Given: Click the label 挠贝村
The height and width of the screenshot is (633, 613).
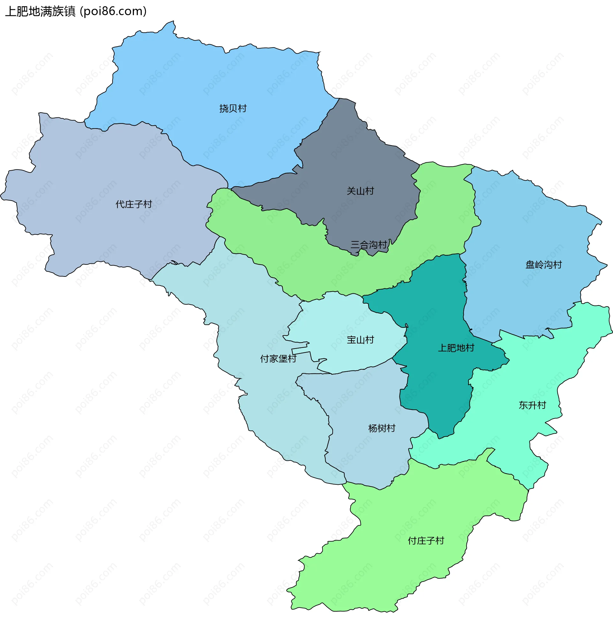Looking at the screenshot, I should coord(233,108).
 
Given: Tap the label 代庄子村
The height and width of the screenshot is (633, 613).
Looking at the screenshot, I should coord(133,204).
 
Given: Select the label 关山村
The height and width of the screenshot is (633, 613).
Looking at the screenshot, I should coord(360,191).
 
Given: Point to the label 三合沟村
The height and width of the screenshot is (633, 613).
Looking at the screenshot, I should coord(368,245).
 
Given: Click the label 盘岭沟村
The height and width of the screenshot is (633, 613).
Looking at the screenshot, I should coord(543,265).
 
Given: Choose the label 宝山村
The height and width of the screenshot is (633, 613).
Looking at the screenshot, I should coord(360,340).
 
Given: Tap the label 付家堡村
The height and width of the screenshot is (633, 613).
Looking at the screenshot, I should coord(278,358).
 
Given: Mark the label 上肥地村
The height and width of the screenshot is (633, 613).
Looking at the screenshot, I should coord(456,348).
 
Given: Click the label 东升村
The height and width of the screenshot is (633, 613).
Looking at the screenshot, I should coord(532,405).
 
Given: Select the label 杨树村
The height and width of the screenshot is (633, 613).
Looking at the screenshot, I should coord(382,428).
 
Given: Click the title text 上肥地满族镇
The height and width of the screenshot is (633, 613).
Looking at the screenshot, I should coord(40,11).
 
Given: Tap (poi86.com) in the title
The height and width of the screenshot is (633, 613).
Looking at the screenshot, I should coord(113,11).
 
